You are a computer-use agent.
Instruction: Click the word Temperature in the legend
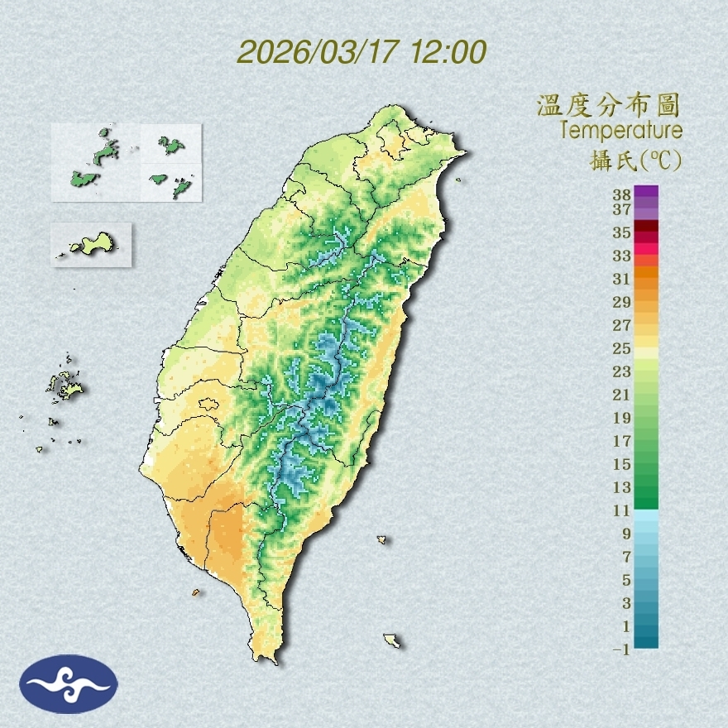620,131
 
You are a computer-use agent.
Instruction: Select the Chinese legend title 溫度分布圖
609,105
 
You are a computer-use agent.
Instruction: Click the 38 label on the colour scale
622,195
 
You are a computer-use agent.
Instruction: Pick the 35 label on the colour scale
622,232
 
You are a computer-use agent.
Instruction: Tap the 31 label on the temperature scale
622,279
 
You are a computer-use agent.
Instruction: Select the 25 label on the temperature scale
622,348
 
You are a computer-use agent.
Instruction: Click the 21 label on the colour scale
622,395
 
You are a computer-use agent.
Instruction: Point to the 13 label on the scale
622,487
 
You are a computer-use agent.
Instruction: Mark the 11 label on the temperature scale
622,510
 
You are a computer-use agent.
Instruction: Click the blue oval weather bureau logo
69,684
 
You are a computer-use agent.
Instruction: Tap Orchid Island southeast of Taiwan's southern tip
392,640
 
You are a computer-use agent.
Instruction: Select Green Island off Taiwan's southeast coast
382,539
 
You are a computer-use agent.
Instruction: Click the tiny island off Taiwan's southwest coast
196,592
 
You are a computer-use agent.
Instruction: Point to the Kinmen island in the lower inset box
93,244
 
